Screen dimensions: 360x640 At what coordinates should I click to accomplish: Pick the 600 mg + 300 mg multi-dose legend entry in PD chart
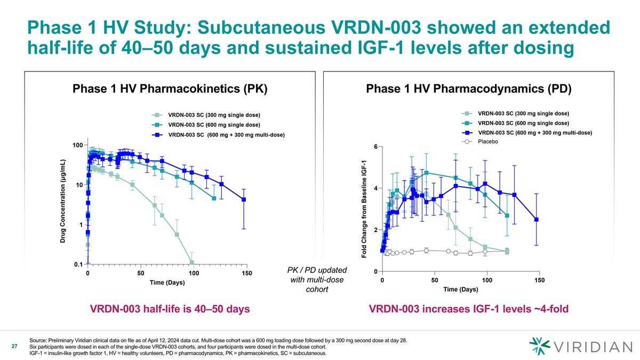tap(528, 132)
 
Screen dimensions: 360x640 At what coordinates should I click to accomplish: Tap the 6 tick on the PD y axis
tap(375, 147)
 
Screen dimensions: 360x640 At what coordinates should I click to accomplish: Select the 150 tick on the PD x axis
tap(539, 280)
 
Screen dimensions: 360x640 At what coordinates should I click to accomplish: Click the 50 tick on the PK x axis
tap(141, 274)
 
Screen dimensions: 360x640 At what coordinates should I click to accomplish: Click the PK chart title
tap(170, 89)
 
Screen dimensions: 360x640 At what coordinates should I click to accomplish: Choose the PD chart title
tap(469, 89)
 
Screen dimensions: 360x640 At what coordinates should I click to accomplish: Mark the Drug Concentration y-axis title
tap(62, 201)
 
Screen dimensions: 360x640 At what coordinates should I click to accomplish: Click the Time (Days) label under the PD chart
tap(460, 290)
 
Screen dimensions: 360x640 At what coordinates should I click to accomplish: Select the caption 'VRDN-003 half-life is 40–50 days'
tap(170, 309)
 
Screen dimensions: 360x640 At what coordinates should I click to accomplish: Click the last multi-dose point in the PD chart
tap(537, 219)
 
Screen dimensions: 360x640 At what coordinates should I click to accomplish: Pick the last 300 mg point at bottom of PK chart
tap(191, 262)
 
